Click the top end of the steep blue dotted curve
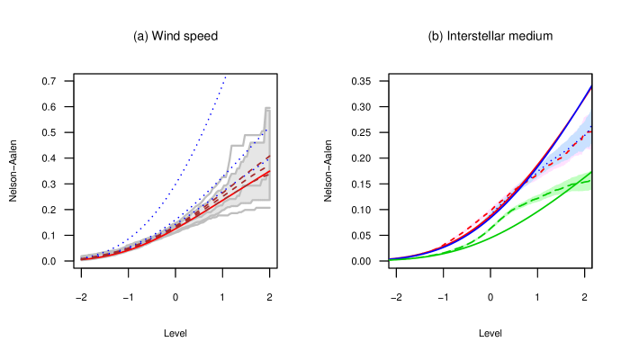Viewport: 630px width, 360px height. [225, 77]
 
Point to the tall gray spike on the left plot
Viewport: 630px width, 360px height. [267, 112]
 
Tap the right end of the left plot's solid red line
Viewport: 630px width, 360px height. [270, 171]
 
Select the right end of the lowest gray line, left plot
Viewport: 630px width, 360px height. [270, 208]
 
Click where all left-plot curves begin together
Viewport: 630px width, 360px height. [82, 258]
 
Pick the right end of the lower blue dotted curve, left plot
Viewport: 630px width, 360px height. [267, 131]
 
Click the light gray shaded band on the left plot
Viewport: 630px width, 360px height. [256, 184]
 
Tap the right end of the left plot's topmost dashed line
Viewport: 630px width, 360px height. [270, 155]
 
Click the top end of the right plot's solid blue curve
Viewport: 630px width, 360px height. [591, 86]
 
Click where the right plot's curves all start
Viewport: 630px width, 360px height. [390, 259]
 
